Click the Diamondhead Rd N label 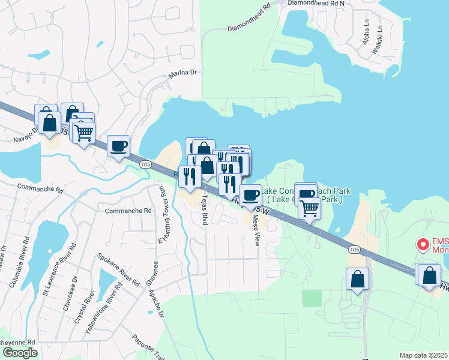coord(316,3)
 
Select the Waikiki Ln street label coord(377,40)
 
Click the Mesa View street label coord(256,230)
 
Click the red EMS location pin coord(423,245)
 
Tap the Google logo coord(19,353)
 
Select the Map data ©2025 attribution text coord(423,355)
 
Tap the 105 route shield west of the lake coord(145,163)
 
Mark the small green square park coord(312,298)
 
